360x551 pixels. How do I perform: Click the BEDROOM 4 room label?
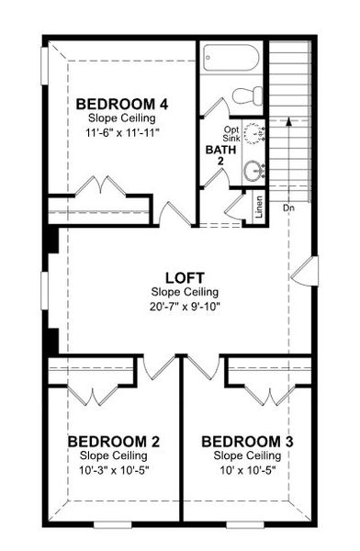click(x=121, y=103)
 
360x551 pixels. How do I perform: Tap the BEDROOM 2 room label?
click(x=114, y=442)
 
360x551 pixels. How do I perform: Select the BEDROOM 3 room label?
click(x=247, y=442)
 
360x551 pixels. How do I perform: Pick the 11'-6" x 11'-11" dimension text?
click(x=121, y=132)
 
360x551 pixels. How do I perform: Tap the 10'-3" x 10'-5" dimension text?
click(x=114, y=471)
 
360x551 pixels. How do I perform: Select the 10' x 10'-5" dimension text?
click(x=247, y=471)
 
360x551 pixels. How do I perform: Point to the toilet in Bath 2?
click(x=246, y=96)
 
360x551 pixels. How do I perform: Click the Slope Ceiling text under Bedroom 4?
click(x=121, y=118)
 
